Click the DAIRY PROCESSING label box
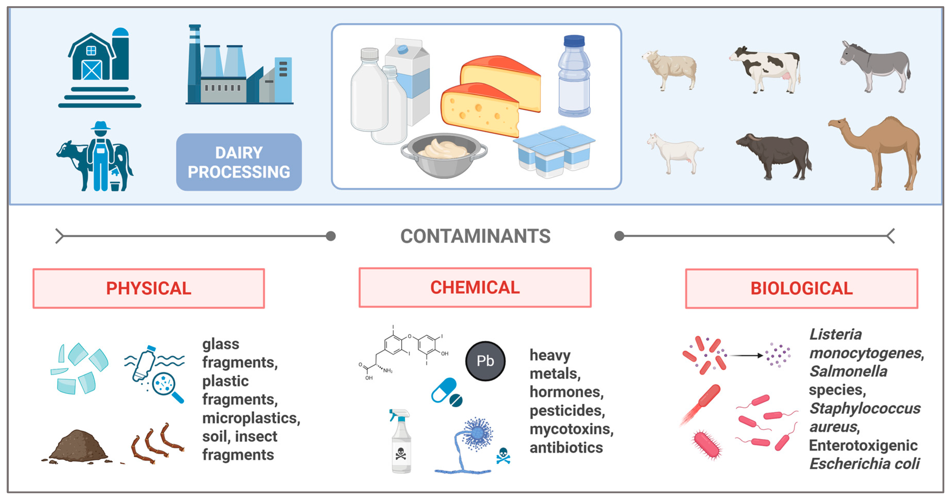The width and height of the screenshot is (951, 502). (x=239, y=162)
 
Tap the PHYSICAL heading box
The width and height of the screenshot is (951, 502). (x=149, y=288)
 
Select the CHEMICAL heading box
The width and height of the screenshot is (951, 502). (x=475, y=288)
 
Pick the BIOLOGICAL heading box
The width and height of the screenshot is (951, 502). (x=802, y=288)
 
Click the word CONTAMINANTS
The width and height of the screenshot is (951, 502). (x=475, y=236)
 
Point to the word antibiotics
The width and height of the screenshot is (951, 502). (x=566, y=448)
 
